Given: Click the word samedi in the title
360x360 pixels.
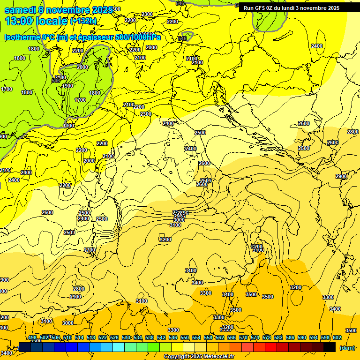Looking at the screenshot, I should pos(20,10).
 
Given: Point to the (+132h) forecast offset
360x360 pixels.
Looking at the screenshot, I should pos(83,21).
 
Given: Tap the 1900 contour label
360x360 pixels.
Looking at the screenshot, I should pos(67,86).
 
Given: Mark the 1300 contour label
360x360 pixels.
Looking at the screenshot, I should pos(68,126).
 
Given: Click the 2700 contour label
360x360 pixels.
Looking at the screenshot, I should pos(90,250).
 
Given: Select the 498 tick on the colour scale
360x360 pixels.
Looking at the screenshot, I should pos(32,337).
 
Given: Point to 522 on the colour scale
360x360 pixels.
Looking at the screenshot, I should pos(103,337).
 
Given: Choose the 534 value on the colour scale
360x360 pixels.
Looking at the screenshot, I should pos(138,337).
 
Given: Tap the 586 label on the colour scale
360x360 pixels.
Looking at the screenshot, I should pos(290,337).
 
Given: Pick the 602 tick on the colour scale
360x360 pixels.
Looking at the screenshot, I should pos(337,337).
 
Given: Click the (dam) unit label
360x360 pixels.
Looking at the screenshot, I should pos(347,347).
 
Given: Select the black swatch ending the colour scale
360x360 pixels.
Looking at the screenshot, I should pos(330,347).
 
